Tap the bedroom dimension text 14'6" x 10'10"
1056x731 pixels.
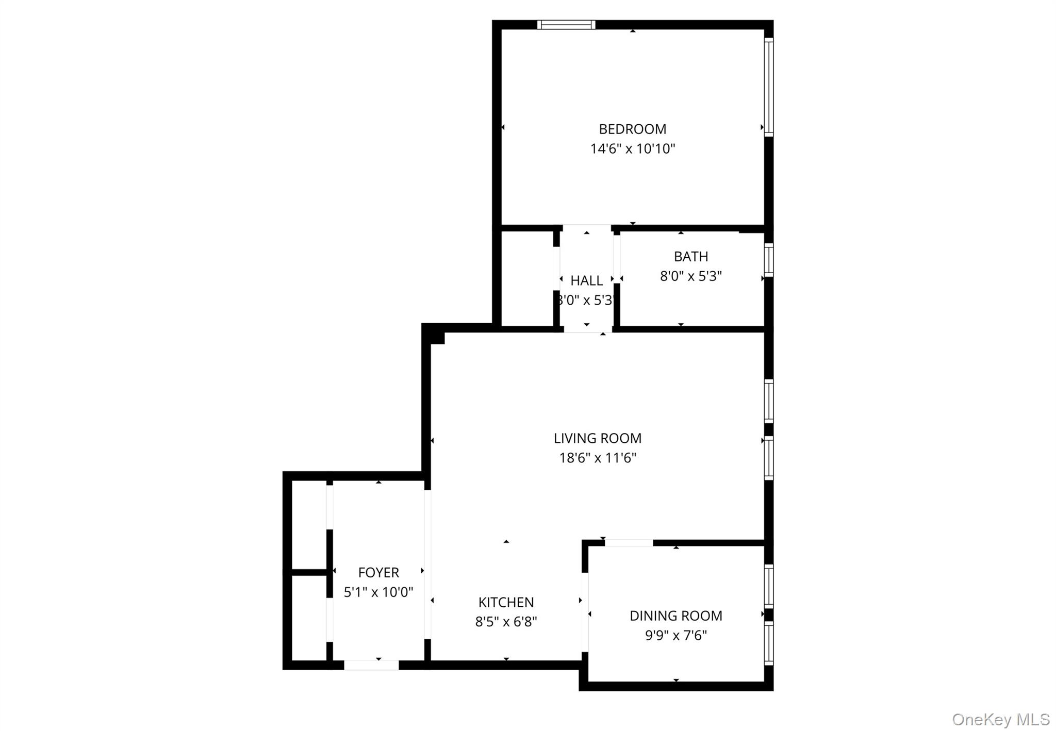tap(632, 149)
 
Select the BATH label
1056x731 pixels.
tap(690, 256)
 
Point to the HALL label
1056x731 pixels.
tap(586, 280)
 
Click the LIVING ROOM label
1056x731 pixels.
tap(597, 438)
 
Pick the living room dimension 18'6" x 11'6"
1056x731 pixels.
tap(597, 458)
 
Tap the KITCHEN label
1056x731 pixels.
tap(506, 602)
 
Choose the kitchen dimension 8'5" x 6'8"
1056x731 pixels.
tap(506, 622)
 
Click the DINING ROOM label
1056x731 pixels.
tap(675, 616)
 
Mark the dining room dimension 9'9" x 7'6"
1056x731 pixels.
tap(675, 635)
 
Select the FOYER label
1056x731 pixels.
tap(378, 572)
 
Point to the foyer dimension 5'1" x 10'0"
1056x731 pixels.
tap(378, 592)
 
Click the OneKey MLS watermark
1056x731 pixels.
tap(1000, 719)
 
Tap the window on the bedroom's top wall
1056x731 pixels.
tap(566, 25)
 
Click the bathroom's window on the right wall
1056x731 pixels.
tap(768, 260)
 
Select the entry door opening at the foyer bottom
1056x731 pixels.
tap(371, 665)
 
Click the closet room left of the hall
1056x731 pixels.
tap(527, 278)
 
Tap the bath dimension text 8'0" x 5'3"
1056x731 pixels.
tap(690, 276)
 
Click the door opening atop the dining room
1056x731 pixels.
tap(629, 542)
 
